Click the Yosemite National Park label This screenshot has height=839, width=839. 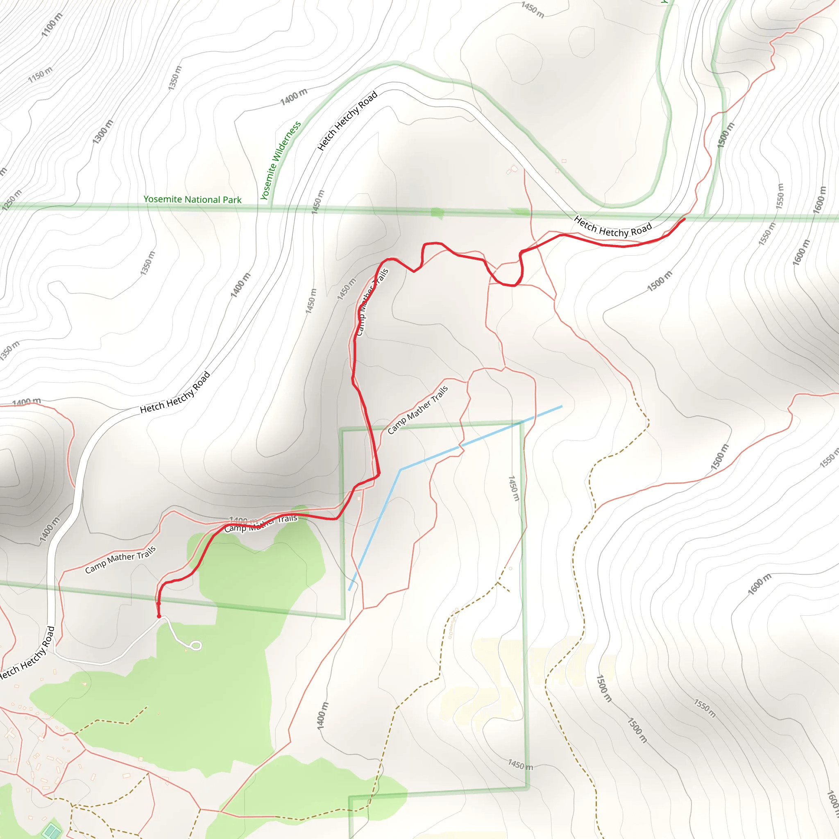(193, 200)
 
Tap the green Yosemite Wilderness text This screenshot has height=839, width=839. (281, 160)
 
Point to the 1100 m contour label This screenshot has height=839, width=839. (52, 25)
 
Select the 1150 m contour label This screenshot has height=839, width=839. (40, 75)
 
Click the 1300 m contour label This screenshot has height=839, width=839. (102, 132)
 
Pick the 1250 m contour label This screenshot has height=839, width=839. (11, 200)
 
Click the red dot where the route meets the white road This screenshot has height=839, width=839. (159, 616)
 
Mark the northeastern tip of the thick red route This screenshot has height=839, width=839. (685, 219)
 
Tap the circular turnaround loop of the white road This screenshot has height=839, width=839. (196, 646)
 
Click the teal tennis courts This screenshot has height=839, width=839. (52, 831)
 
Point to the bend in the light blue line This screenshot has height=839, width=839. (400, 469)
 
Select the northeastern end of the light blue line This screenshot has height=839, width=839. (562, 406)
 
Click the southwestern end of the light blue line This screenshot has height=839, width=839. (349, 590)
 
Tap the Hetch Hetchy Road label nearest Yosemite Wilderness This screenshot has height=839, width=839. (347, 121)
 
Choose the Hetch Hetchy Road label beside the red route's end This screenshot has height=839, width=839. (613, 227)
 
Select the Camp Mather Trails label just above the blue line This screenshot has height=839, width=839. (417, 410)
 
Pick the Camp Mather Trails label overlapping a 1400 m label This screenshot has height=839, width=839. (261, 523)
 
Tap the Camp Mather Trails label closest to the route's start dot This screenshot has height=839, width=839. (120, 560)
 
